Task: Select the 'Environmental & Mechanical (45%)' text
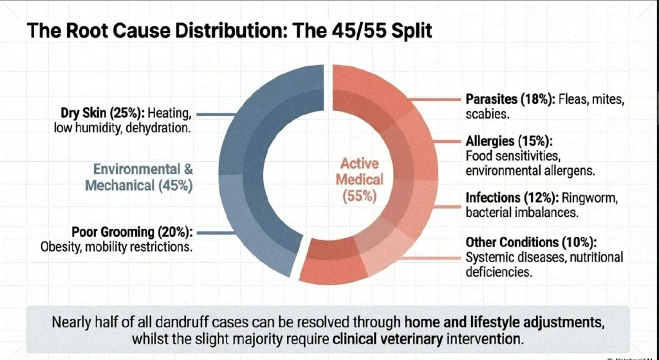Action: coord(143,178)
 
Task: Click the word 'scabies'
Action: coord(483,113)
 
